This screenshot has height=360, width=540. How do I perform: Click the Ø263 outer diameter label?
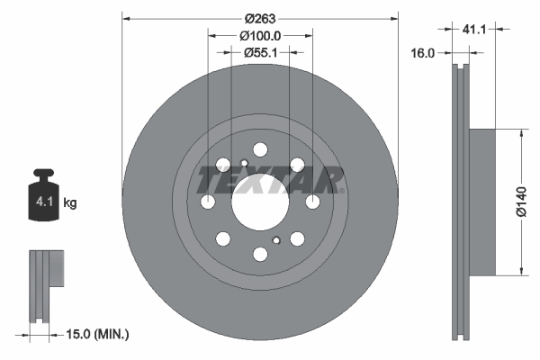(260, 17)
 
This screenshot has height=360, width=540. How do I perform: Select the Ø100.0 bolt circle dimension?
(260, 35)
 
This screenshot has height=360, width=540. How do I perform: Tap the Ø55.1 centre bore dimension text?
(260, 53)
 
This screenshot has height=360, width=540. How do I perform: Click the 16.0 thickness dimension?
(424, 53)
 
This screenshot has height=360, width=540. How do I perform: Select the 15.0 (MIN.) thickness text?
(98, 334)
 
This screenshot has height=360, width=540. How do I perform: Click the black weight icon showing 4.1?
(43, 197)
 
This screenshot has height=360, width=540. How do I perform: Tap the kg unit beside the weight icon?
(70, 203)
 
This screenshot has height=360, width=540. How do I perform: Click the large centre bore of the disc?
(260, 201)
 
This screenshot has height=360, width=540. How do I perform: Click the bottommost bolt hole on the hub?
(260, 253)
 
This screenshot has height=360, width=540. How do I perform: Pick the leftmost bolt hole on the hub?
(208, 201)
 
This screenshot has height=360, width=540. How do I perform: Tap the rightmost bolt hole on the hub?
(312, 201)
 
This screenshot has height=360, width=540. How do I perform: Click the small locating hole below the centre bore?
(276, 239)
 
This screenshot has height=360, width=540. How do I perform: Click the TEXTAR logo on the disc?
(270, 179)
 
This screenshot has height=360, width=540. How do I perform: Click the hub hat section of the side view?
(482, 201)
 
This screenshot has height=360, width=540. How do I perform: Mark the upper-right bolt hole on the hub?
(297, 164)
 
